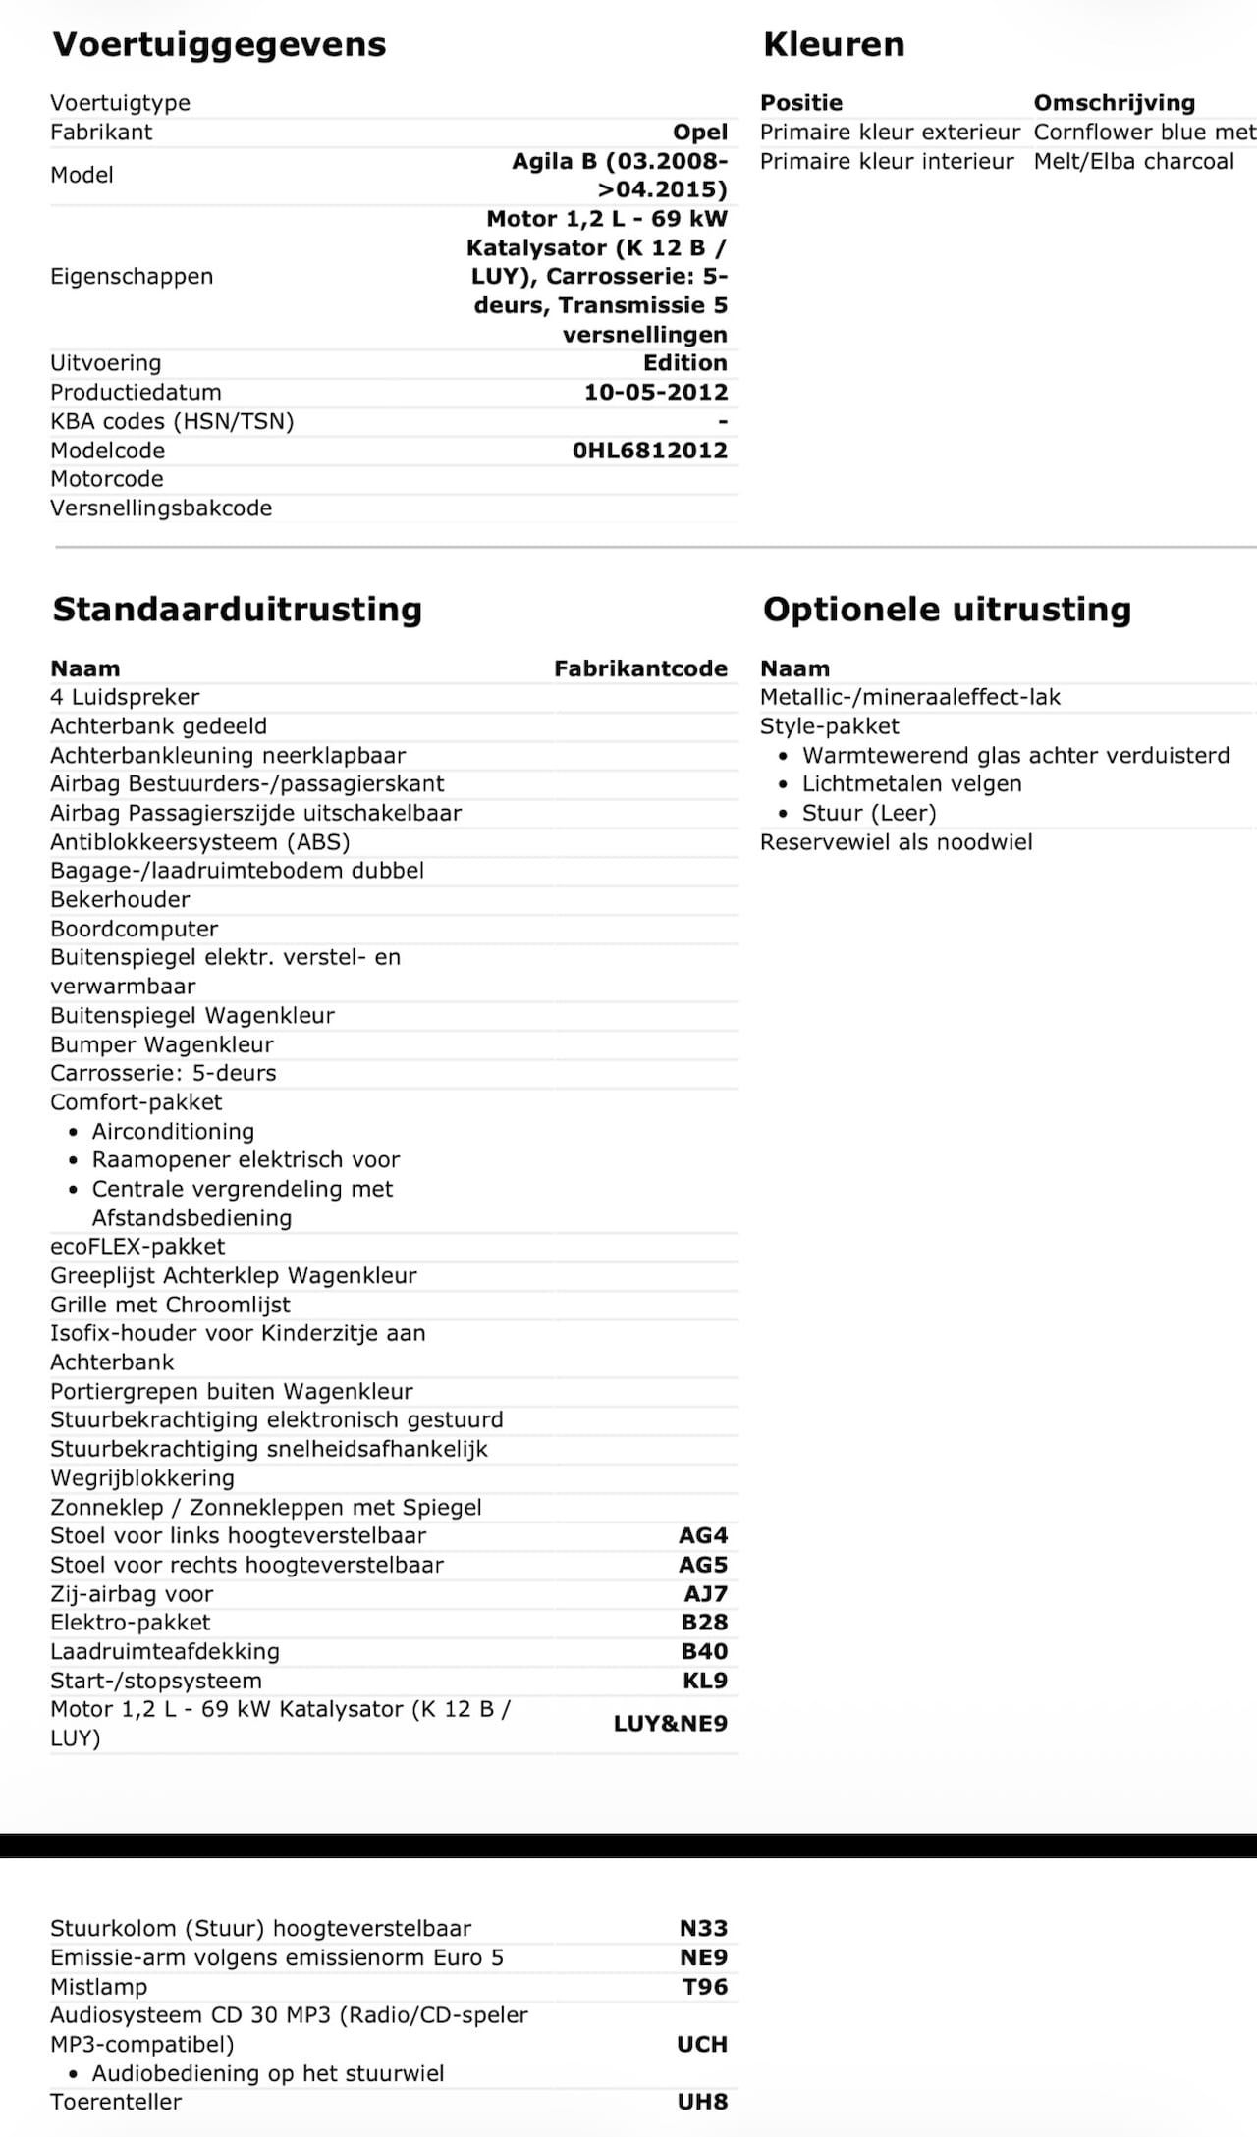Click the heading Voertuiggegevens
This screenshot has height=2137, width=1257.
point(219,45)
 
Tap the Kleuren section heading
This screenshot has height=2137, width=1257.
point(834,45)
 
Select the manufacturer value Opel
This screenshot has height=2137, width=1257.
point(699,133)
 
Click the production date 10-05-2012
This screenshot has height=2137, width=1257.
point(655,393)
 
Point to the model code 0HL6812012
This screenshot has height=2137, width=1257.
point(649,451)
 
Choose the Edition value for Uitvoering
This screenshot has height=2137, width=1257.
point(684,363)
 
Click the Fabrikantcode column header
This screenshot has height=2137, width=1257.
point(640,669)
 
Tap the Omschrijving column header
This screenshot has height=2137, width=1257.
point(1114,103)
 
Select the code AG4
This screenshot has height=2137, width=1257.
point(702,1536)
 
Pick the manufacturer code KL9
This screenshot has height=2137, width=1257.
point(704,1681)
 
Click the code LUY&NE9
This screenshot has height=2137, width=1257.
point(670,1724)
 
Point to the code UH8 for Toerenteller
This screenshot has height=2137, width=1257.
point(702,2102)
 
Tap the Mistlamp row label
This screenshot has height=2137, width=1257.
point(98,1987)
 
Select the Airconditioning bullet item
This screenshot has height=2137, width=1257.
point(173,1132)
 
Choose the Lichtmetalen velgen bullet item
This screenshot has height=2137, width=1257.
point(911,784)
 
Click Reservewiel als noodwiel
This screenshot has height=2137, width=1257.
point(896,842)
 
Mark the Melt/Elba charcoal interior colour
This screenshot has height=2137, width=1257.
point(1133,162)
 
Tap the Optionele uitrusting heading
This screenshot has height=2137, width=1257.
point(947,610)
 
